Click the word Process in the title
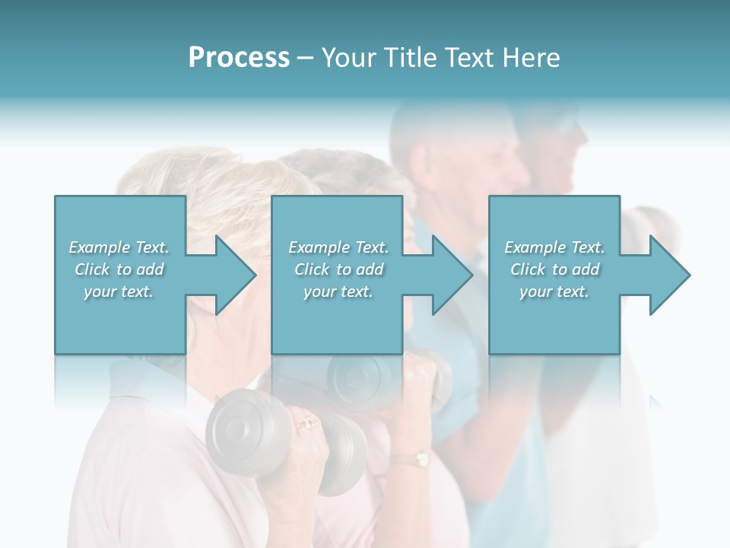[x=239, y=58]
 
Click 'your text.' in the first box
[x=119, y=292]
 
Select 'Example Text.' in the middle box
[x=338, y=247]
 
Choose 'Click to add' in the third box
[x=555, y=269]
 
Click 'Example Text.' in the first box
[x=119, y=247]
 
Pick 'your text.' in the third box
[x=554, y=292]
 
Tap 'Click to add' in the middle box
[x=338, y=269]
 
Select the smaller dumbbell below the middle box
[x=357, y=377]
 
